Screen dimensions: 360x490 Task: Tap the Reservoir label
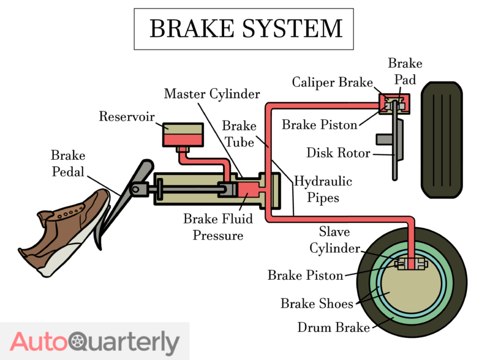pyautogui.click(x=128, y=116)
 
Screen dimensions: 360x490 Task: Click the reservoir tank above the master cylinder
pyautogui.click(x=183, y=135)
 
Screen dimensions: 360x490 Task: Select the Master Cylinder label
pyautogui.click(x=212, y=94)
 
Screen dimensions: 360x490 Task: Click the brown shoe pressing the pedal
pyautogui.click(x=67, y=230)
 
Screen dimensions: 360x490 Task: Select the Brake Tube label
pyautogui.click(x=239, y=134)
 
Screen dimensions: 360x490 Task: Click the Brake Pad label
pyautogui.click(x=405, y=72)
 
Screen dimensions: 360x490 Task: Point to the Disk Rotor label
pyautogui.click(x=337, y=152)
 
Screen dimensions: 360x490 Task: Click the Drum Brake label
pyautogui.click(x=333, y=328)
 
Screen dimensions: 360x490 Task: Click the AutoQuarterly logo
pyautogui.click(x=95, y=342)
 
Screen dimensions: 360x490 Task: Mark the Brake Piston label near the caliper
pyautogui.click(x=319, y=125)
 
